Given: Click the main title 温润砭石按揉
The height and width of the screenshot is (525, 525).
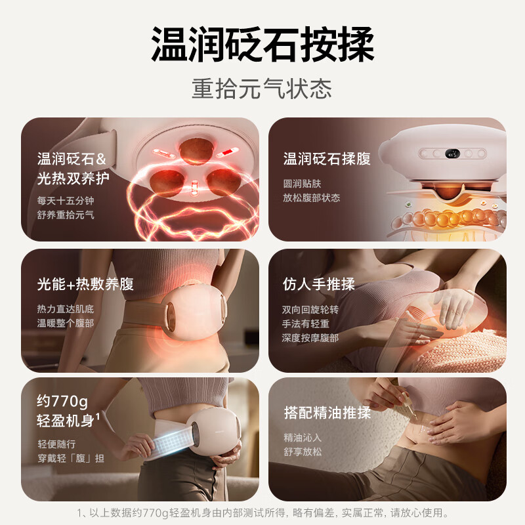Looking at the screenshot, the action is click(x=262, y=44).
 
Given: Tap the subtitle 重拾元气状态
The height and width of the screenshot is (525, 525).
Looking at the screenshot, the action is click(x=262, y=89).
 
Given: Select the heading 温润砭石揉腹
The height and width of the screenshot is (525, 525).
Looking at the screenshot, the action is click(x=327, y=159).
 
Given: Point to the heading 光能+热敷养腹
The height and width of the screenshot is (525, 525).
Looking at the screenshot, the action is click(x=85, y=284).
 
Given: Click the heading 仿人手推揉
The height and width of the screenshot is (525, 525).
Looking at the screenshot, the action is click(x=319, y=284).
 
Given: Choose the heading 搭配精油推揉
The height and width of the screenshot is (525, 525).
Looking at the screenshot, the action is click(x=327, y=413).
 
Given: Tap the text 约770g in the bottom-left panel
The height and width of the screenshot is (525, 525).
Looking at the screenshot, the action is click(x=62, y=401).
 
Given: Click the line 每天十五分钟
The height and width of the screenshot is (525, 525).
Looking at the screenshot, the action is click(x=66, y=201).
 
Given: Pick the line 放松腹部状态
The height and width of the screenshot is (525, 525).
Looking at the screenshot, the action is click(x=311, y=198).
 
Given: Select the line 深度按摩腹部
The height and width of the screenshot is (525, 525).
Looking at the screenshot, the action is click(x=310, y=338).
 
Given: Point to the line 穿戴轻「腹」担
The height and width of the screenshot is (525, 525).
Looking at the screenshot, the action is click(x=71, y=458).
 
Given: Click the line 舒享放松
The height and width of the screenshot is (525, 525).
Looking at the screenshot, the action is click(x=303, y=451).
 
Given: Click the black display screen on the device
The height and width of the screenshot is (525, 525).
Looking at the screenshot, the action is click(x=453, y=154).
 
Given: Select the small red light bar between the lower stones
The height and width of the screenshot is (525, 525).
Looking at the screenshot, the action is click(x=194, y=188).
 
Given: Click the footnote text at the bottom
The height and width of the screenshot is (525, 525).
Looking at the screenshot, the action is click(x=262, y=513).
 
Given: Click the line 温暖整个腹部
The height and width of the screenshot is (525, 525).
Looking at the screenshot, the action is click(x=66, y=323).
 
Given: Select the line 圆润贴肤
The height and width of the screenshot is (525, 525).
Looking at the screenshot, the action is click(x=302, y=184).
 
